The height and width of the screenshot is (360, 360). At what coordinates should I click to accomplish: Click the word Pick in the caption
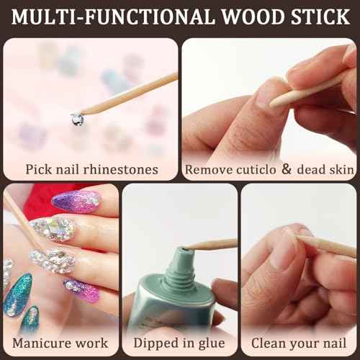click(38, 170)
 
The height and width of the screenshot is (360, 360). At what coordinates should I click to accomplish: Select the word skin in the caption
click(341, 170)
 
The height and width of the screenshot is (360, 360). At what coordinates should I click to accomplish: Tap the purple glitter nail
click(75, 201)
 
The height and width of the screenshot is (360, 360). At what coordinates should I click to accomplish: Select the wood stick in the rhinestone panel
click(130, 93)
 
